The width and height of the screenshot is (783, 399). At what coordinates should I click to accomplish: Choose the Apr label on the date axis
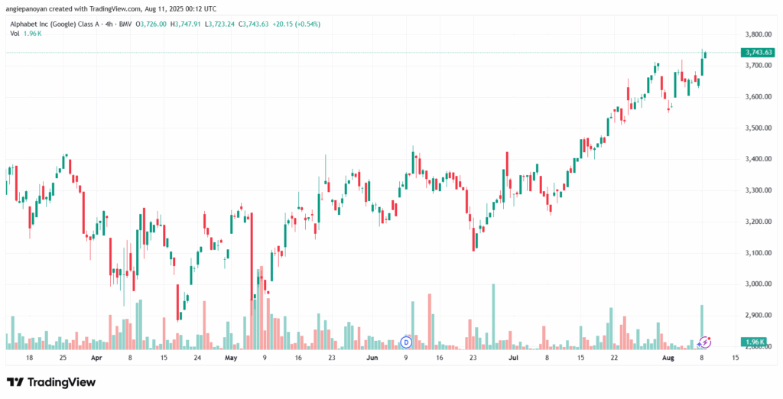click(96, 357)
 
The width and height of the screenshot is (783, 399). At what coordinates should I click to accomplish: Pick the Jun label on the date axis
click(372, 357)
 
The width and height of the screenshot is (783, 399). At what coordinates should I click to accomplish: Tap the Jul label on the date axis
click(513, 357)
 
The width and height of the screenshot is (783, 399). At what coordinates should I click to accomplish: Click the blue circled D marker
click(406, 341)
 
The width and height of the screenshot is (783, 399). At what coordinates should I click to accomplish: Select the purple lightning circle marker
click(706, 341)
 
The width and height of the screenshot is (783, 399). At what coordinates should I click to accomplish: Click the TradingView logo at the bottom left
click(51, 381)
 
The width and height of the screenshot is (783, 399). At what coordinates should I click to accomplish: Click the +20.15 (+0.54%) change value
click(295, 24)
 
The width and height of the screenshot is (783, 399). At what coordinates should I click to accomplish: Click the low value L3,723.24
click(217, 24)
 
